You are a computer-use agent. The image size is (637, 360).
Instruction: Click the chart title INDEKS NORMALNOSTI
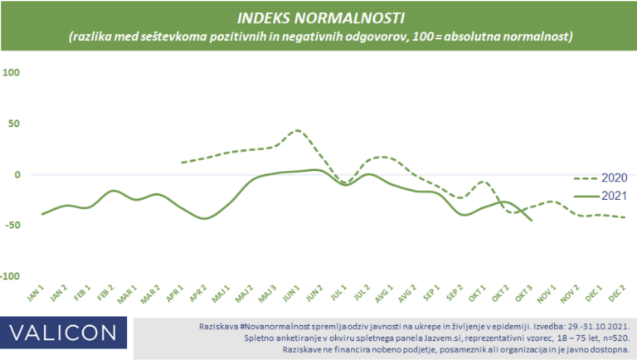coord(318,17)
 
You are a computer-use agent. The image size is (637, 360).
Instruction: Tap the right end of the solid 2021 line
coord(532,221)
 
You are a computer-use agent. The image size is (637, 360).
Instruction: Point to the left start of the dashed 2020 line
coord(182,162)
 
